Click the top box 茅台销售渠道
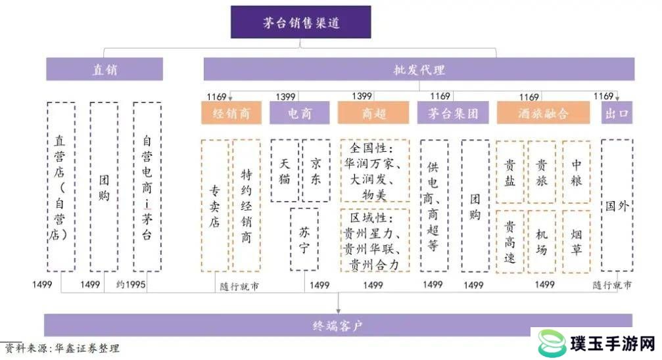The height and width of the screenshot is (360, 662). [x=300, y=22]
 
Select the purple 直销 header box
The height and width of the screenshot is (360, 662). [x=105, y=69]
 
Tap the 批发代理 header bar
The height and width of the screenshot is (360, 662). [x=419, y=69]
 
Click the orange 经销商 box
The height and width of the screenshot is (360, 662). [x=231, y=113]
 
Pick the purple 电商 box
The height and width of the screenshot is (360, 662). [x=300, y=113]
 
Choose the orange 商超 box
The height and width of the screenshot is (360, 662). [x=373, y=113]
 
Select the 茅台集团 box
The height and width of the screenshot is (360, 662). [x=453, y=113]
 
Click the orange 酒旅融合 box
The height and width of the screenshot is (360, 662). [x=544, y=113]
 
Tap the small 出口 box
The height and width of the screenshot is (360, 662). [x=617, y=113]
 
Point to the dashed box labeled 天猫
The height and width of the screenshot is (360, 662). [x=285, y=171]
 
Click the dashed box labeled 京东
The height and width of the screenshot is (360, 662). [x=316, y=171]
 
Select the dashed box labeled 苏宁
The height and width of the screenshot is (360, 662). [x=304, y=239]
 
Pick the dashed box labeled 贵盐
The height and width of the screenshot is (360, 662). [x=510, y=172]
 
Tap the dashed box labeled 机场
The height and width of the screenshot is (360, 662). [x=542, y=241]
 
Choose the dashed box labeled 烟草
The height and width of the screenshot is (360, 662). [x=577, y=241]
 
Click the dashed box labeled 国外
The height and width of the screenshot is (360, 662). [x=617, y=205]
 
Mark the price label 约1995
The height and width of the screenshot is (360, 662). [x=130, y=284]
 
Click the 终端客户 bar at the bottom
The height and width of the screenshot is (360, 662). [x=338, y=325]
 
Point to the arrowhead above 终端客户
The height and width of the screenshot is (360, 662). [x=338, y=311]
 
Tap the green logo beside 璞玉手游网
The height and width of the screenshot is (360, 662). [x=552, y=343]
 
